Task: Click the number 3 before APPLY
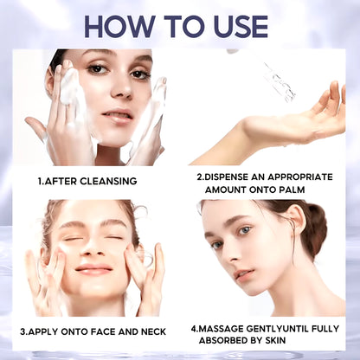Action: (x=23, y=331)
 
